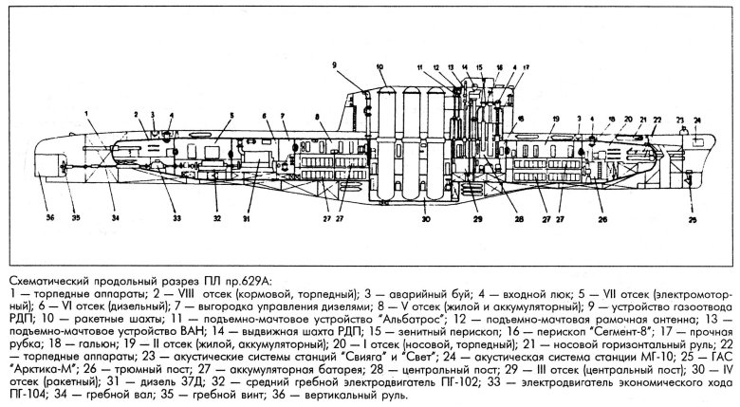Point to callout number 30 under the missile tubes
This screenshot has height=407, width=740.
(427, 220)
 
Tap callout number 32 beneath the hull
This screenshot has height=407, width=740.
(217, 219)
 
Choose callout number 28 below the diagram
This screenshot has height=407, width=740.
(518, 217)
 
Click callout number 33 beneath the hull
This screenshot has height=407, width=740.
(175, 219)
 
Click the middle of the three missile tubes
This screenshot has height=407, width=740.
(409, 142)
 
